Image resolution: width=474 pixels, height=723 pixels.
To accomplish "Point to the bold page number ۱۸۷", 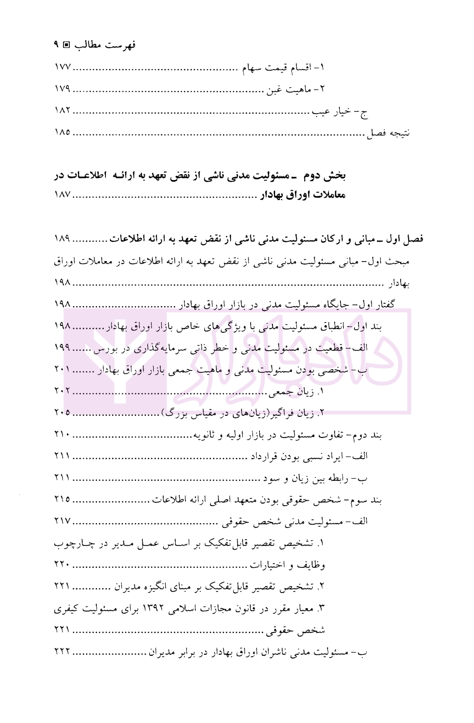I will (x=62, y=195).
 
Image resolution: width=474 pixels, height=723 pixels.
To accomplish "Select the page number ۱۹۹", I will (x=62, y=348).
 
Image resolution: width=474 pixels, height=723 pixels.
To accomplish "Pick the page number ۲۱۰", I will (x=62, y=435).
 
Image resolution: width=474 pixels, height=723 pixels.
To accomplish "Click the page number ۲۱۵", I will (x=62, y=500).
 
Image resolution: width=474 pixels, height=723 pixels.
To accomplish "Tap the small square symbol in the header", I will (x=67, y=45).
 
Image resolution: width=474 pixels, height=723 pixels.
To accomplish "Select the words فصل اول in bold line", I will (x=405, y=239).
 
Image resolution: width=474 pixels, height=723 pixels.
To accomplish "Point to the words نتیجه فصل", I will (x=388, y=133).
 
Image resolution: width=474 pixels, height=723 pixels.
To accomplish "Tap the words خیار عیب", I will (x=332, y=111).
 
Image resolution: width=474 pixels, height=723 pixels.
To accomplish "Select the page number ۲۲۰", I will (x=62, y=565).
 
